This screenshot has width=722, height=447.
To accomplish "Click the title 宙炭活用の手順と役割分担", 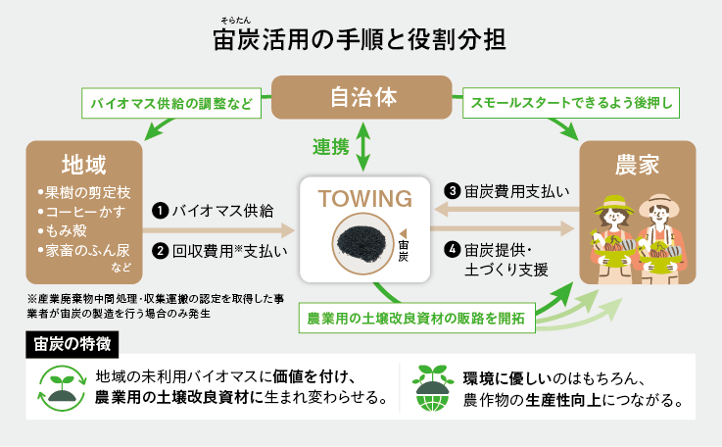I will pos(360,41).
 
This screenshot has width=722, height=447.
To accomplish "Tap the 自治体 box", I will pos(361,98).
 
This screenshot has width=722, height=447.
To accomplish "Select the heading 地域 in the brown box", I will pos(83,163).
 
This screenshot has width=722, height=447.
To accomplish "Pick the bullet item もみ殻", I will pos(67,232).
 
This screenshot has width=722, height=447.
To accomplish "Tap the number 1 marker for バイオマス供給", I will pos(158,210).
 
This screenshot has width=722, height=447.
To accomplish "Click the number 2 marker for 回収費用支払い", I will pos(158,250).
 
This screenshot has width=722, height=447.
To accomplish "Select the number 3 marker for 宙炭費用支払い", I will pos(453,189).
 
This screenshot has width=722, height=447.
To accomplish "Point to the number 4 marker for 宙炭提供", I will pos(453,249).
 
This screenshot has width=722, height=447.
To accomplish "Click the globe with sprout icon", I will pos(435,387).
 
